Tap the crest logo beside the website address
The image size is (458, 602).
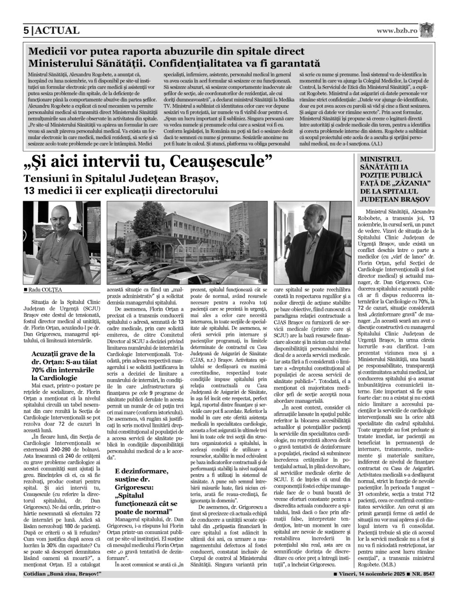coord(427,31)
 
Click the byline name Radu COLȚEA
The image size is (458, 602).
coord(45,290)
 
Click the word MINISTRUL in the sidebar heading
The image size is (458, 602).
coord(381,159)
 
